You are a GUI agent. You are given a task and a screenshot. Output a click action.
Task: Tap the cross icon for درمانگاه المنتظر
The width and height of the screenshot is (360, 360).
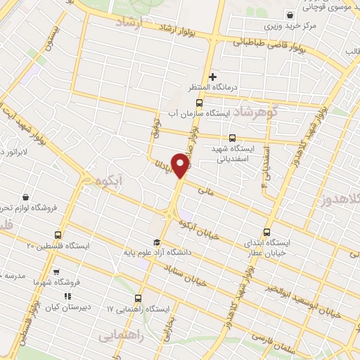[212, 76]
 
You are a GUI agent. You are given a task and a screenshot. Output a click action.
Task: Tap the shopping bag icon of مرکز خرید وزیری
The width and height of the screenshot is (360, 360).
[290, 15]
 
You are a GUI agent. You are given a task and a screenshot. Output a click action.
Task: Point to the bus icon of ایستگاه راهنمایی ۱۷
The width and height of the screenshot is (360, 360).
[139, 298]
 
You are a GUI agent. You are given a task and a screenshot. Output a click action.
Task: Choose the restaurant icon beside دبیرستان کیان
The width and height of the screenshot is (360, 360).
[68, 297]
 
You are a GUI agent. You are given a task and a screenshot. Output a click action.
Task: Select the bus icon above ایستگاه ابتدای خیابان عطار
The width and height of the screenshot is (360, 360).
[266, 232]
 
